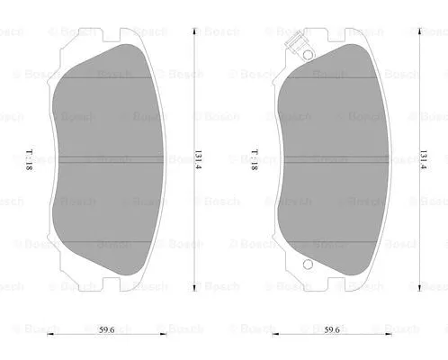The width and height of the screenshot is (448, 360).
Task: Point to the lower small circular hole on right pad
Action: [306, 265]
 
